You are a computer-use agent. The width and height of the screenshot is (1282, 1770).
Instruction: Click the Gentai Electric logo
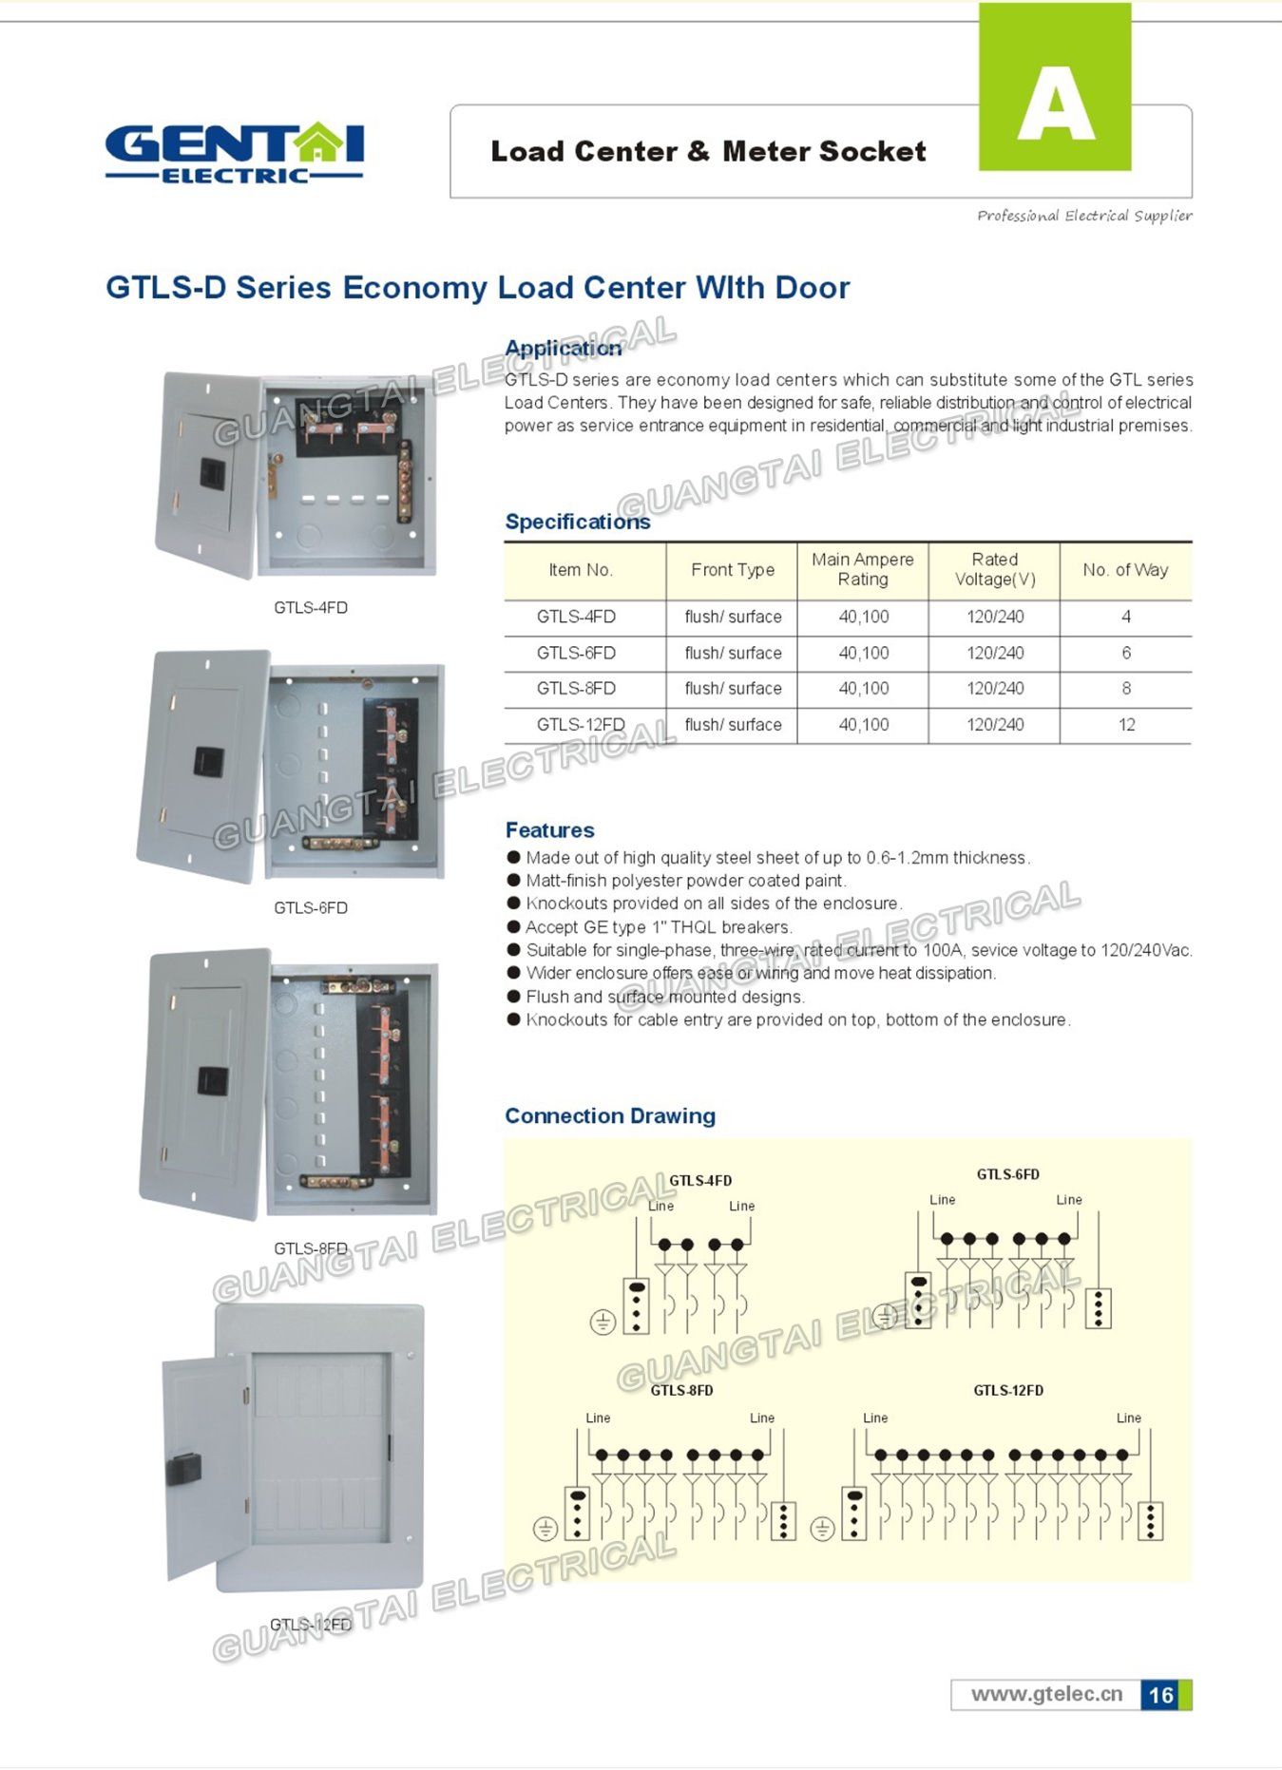[234, 152]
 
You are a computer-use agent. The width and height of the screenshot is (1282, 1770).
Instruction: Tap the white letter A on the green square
[1056, 106]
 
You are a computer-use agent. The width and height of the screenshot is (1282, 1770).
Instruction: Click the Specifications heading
[578, 522]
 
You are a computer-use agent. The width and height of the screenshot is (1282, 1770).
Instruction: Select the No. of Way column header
[1125, 570]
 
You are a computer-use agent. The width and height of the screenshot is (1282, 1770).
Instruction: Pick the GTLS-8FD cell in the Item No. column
[576, 689]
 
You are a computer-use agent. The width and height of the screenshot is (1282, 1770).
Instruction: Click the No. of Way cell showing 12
[1126, 725]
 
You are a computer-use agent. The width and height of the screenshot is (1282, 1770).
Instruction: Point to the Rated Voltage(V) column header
[995, 569]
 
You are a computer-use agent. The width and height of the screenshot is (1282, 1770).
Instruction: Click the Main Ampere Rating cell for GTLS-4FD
[864, 617]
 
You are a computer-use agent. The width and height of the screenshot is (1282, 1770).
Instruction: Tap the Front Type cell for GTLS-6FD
[733, 653]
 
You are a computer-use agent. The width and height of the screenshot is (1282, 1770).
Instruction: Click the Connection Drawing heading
[610, 1115]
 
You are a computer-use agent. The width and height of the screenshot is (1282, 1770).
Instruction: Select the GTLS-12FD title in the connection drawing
[1008, 1390]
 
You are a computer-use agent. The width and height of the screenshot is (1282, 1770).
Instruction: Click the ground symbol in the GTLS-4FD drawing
[603, 1321]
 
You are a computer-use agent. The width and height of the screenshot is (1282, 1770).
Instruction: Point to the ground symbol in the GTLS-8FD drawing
[545, 1529]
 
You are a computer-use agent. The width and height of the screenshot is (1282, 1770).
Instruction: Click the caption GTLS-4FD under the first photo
[311, 608]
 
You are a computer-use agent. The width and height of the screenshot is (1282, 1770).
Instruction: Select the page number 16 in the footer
[1160, 1695]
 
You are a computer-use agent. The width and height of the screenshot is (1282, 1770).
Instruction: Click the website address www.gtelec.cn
[1046, 1694]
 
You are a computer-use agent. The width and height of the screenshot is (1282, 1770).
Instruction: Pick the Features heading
[549, 830]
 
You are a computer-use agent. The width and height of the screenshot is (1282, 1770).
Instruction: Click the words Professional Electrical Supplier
[1084, 216]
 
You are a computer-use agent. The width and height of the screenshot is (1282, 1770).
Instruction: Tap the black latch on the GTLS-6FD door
[209, 761]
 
